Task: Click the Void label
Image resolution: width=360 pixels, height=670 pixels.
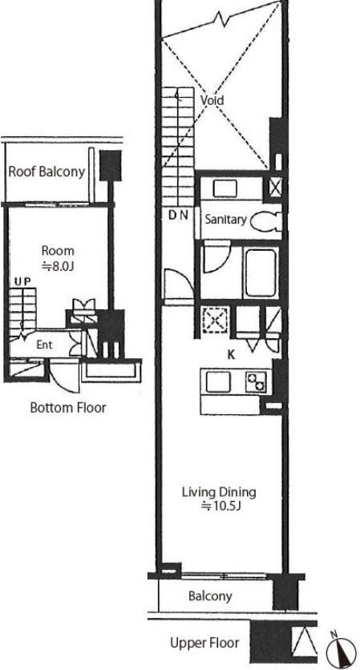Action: [212, 100]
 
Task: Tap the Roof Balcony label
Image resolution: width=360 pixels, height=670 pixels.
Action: [47, 172]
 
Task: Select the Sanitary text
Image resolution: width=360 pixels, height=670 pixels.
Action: [226, 220]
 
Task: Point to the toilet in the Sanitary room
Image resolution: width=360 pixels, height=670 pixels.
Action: [265, 221]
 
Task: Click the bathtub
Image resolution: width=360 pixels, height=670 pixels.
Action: [260, 273]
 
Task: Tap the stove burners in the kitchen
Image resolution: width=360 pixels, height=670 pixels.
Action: [256, 381]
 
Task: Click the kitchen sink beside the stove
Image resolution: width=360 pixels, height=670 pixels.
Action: [218, 381]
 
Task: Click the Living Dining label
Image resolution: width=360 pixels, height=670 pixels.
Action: [219, 492]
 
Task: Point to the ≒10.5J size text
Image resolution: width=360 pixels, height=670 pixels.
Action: [221, 507]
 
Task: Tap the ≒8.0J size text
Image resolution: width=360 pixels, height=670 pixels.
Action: [58, 267]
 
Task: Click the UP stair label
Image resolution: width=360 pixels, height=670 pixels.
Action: [22, 281]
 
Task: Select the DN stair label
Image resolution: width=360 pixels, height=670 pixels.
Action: [178, 216]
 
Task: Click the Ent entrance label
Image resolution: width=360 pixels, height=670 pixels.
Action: [44, 345]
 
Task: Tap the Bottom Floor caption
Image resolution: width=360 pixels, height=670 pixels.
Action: [68, 408]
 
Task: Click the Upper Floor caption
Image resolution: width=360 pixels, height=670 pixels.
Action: [204, 643]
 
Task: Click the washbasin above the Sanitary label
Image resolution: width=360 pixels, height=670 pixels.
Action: [224, 188]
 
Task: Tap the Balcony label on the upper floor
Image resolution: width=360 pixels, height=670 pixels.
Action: [210, 596]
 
